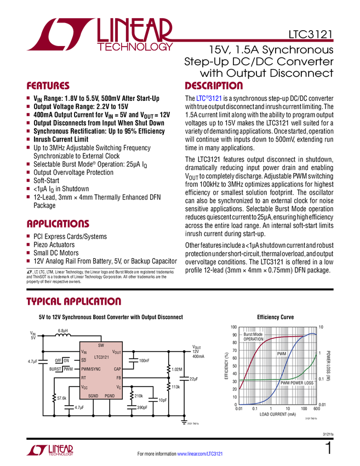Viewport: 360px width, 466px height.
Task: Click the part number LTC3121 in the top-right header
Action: tap(311, 35)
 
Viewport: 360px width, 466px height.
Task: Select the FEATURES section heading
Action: tap(48, 86)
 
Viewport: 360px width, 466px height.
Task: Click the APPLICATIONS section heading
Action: tap(58, 224)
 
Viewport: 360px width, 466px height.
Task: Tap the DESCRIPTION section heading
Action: tap(214, 86)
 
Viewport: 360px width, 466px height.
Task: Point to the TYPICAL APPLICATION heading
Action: tap(74, 302)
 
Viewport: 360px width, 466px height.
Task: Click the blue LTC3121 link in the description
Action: tap(209, 98)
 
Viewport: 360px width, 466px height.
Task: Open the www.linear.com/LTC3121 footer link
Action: tap(200, 454)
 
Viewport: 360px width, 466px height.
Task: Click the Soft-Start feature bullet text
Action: tap(47, 181)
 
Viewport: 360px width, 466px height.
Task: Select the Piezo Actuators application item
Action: tap(54, 245)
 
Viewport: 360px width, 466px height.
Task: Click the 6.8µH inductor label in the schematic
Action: tap(62, 331)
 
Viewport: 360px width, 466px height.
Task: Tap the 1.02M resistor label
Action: tap(177, 370)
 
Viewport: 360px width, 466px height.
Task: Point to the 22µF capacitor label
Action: tap(193, 379)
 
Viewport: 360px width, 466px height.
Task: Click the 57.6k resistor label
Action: tap(62, 398)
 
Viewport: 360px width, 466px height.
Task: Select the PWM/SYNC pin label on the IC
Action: tap(91, 369)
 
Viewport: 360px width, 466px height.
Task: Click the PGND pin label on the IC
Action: tap(110, 396)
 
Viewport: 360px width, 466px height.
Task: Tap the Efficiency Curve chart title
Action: tap(276, 317)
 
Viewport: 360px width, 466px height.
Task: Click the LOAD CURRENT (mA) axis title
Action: tap(278, 414)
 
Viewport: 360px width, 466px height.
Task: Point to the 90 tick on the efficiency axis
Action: tap(235, 335)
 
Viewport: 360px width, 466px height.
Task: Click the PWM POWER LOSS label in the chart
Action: tap(297, 383)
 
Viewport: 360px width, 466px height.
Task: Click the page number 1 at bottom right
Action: tap(329, 448)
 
